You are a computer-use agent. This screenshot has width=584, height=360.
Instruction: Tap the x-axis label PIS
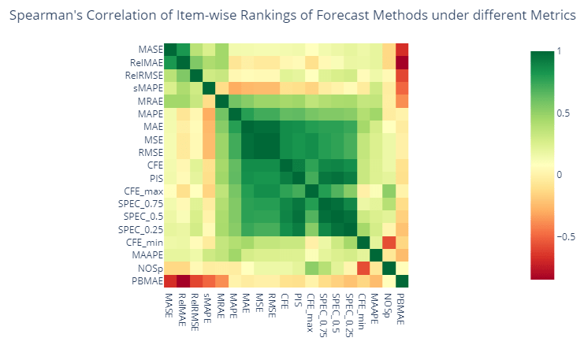299,302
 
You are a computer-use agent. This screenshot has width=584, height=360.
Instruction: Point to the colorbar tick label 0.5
562,113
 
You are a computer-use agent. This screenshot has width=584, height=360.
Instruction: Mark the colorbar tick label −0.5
565,236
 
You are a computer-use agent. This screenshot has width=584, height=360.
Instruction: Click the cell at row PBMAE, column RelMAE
183,280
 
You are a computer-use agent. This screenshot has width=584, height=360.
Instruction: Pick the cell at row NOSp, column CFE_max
312,268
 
